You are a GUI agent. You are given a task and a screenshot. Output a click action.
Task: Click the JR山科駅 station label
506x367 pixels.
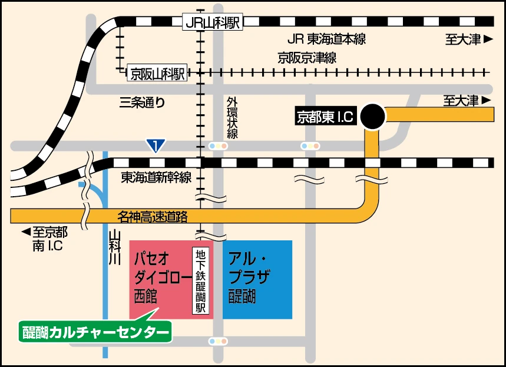[213, 22]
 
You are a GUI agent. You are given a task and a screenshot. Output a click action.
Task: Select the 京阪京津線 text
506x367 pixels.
[307, 58]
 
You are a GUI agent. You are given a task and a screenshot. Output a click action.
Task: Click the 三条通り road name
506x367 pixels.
[142, 103]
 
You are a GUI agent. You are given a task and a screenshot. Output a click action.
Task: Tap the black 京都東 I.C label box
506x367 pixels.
[325, 117]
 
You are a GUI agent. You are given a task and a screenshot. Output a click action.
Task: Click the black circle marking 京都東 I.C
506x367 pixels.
[373, 116]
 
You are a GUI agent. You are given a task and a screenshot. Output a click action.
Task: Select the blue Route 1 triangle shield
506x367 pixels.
[156, 145]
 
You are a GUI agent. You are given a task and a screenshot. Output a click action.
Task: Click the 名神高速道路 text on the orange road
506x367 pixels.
[153, 217]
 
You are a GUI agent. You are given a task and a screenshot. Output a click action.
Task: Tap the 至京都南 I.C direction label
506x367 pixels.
[44, 238]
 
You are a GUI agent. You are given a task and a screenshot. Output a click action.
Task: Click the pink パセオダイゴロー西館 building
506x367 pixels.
[162, 277]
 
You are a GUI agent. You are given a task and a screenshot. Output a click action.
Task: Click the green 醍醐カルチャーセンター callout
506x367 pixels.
[94, 332]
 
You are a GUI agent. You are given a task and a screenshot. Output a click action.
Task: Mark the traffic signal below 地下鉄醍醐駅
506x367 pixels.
[217, 341]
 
